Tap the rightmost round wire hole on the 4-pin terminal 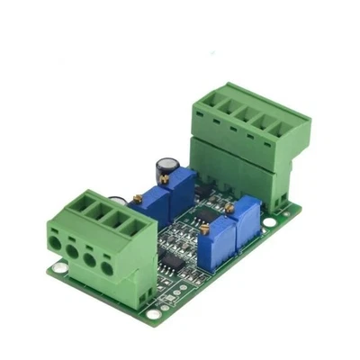(107, 266)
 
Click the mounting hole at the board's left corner (58, 267)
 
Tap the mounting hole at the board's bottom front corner (154, 314)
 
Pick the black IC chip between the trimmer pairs (204, 216)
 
